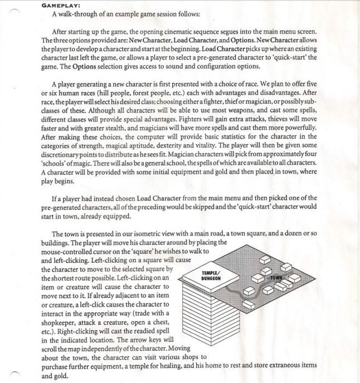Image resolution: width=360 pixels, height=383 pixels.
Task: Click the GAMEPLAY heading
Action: [x=61, y=5]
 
